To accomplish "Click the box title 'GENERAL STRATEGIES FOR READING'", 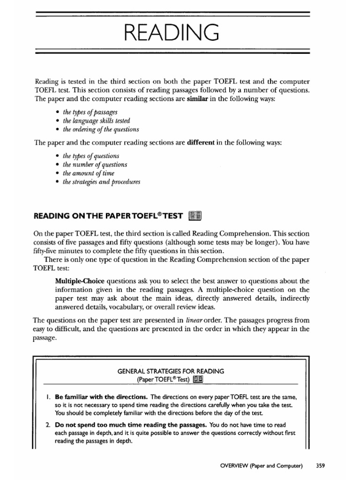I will (x=171, y=371).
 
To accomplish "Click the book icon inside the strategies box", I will (x=199, y=379).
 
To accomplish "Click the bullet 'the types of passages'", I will (x=87, y=112).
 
